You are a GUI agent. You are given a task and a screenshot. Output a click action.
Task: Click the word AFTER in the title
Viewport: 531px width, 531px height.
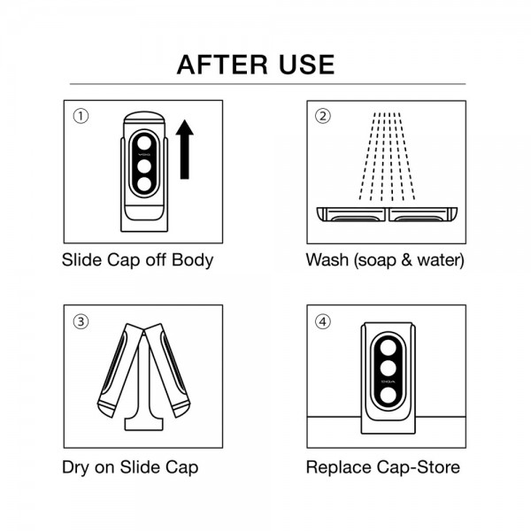pos(222,65)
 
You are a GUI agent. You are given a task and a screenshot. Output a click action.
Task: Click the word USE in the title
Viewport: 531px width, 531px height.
pos(307,65)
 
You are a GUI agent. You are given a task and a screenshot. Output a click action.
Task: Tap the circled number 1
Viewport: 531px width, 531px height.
pos(81,116)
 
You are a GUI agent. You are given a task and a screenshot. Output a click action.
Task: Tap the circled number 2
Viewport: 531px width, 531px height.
pos(323,116)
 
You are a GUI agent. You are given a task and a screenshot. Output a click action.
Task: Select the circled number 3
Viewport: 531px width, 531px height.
pos(81,321)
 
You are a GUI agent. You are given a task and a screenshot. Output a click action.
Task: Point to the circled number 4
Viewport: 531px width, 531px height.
pos(323,321)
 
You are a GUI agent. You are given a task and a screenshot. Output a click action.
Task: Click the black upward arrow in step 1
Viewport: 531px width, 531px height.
pos(185,150)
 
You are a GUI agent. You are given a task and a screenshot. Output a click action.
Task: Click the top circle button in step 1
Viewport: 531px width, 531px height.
pos(144,142)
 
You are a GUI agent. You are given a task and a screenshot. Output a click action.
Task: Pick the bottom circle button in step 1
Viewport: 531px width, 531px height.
pos(144,184)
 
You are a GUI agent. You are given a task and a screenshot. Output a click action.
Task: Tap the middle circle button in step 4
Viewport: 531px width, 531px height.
pos(389,368)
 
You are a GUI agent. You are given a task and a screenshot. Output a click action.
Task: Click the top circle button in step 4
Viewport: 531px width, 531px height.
pos(389,348)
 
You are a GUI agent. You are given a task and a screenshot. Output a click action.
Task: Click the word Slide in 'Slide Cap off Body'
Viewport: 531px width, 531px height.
pos(82,260)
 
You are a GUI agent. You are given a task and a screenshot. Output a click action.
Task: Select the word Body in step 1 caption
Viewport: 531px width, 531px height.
pos(193,261)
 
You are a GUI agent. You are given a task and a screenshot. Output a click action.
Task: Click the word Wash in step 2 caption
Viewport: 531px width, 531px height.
pos(327,260)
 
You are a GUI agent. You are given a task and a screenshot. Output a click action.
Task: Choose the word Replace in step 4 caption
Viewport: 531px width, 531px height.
pos(339,468)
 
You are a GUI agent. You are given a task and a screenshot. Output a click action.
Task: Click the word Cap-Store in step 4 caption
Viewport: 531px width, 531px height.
pos(419,468)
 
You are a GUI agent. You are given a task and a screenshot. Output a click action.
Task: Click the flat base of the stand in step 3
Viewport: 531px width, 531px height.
pos(144,425)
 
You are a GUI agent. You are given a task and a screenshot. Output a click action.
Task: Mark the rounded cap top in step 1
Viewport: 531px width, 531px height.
pos(144,118)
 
